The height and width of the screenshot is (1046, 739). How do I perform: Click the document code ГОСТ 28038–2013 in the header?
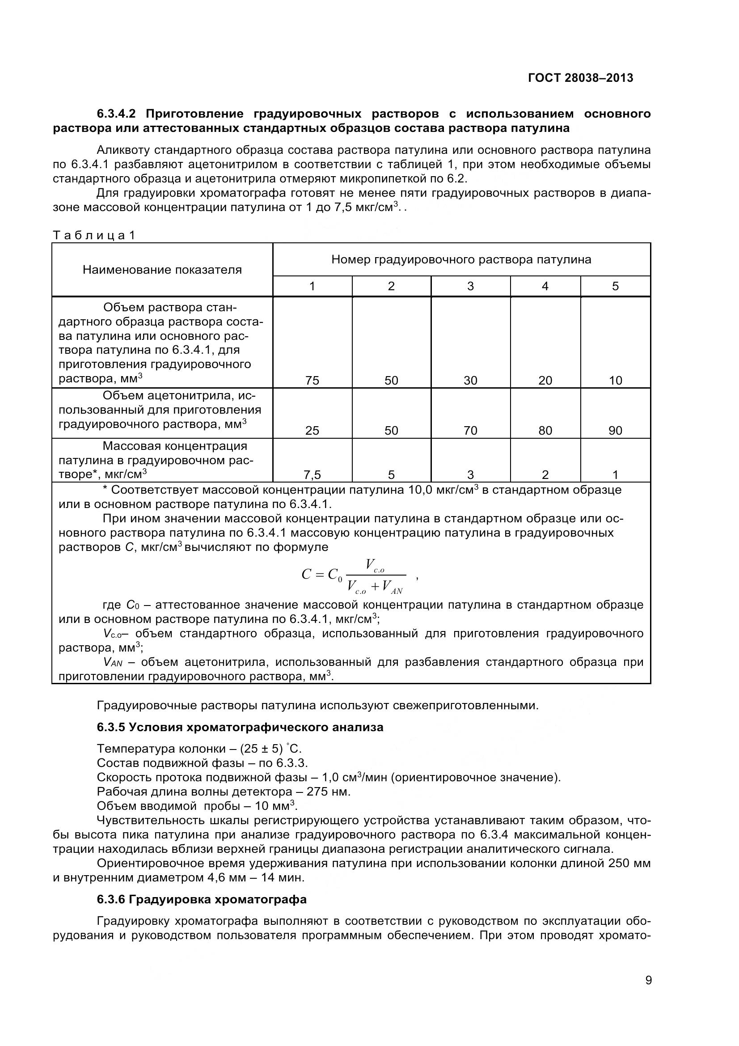pyautogui.click(x=580, y=78)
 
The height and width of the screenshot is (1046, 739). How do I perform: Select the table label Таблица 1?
pyautogui.click(x=94, y=236)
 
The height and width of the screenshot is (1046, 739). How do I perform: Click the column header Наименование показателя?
pyautogui.click(x=162, y=270)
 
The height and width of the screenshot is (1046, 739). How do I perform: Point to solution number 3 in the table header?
pyautogui.click(x=470, y=286)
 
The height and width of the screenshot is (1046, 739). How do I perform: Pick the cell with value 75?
pyautogui.click(x=312, y=381)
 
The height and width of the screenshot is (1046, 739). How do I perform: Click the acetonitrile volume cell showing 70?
pyautogui.click(x=470, y=431)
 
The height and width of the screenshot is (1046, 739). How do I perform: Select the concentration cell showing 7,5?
pyautogui.click(x=312, y=475)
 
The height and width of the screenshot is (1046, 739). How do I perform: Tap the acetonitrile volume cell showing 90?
pyautogui.click(x=615, y=431)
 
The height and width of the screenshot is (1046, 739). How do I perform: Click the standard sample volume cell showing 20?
pyautogui.click(x=545, y=381)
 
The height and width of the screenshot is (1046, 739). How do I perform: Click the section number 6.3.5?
pyautogui.click(x=111, y=728)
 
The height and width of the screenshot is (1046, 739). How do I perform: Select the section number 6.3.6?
pyautogui.click(x=111, y=900)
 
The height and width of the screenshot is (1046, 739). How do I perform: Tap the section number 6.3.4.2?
pyautogui.click(x=119, y=114)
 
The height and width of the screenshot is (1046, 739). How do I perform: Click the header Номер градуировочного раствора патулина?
pyautogui.click(x=461, y=260)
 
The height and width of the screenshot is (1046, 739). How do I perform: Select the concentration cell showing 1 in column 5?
pyautogui.click(x=615, y=475)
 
